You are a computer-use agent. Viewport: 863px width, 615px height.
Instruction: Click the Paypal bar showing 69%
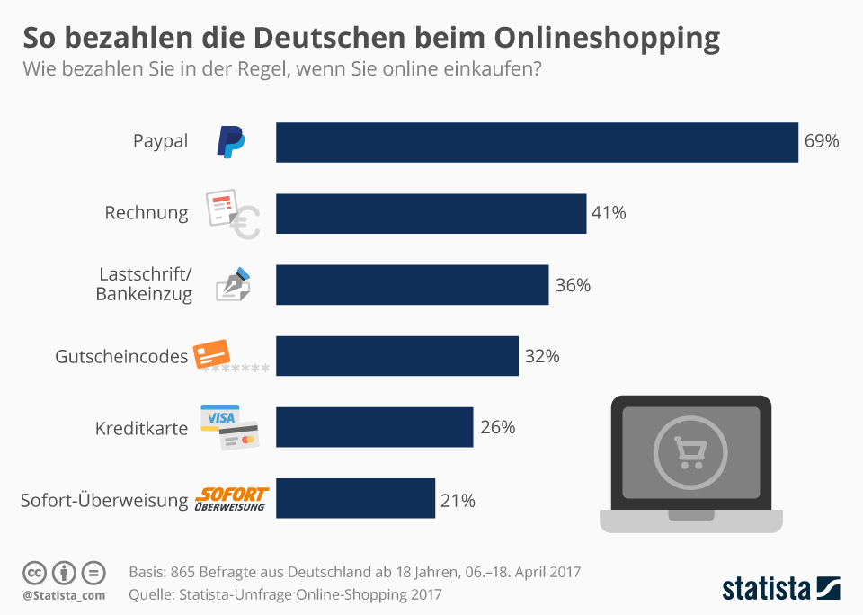pyautogui.click(x=537, y=142)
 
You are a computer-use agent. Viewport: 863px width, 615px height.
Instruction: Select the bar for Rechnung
pyautogui.click(x=431, y=213)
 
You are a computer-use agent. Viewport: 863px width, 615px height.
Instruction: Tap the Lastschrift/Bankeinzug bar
pyautogui.click(x=412, y=284)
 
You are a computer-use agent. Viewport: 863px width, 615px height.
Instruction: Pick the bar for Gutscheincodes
pyautogui.click(x=396, y=356)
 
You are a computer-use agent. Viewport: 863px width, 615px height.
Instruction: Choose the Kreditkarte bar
pyautogui.click(x=374, y=427)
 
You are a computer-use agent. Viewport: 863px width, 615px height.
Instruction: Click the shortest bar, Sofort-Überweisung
pyautogui.click(x=355, y=498)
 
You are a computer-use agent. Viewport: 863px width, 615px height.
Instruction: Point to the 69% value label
pyautogui.click(x=822, y=142)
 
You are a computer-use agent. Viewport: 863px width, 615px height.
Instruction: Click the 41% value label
pyautogui.click(x=609, y=213)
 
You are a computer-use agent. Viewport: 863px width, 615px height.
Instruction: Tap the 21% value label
pyautogui.click(x=458, y=500)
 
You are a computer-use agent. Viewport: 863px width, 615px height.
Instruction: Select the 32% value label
pyautogui.click(x=542, y=356)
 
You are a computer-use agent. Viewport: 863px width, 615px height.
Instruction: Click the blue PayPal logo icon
pyautogui.click(x=230, y=142)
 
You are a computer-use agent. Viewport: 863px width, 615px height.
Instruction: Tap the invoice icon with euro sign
pyautogui.click(x=232, y=214)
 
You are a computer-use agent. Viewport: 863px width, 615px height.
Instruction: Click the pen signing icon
pyautogui.click(x=233, y=284)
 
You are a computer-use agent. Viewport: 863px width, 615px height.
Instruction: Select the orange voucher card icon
pyautogui.click(x=215, y=354)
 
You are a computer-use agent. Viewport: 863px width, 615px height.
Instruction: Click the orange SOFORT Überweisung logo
pyautogui.click(x=231, y=499)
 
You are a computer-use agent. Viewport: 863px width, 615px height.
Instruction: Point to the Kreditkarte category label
pyautogui.click(x=141, y=428)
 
